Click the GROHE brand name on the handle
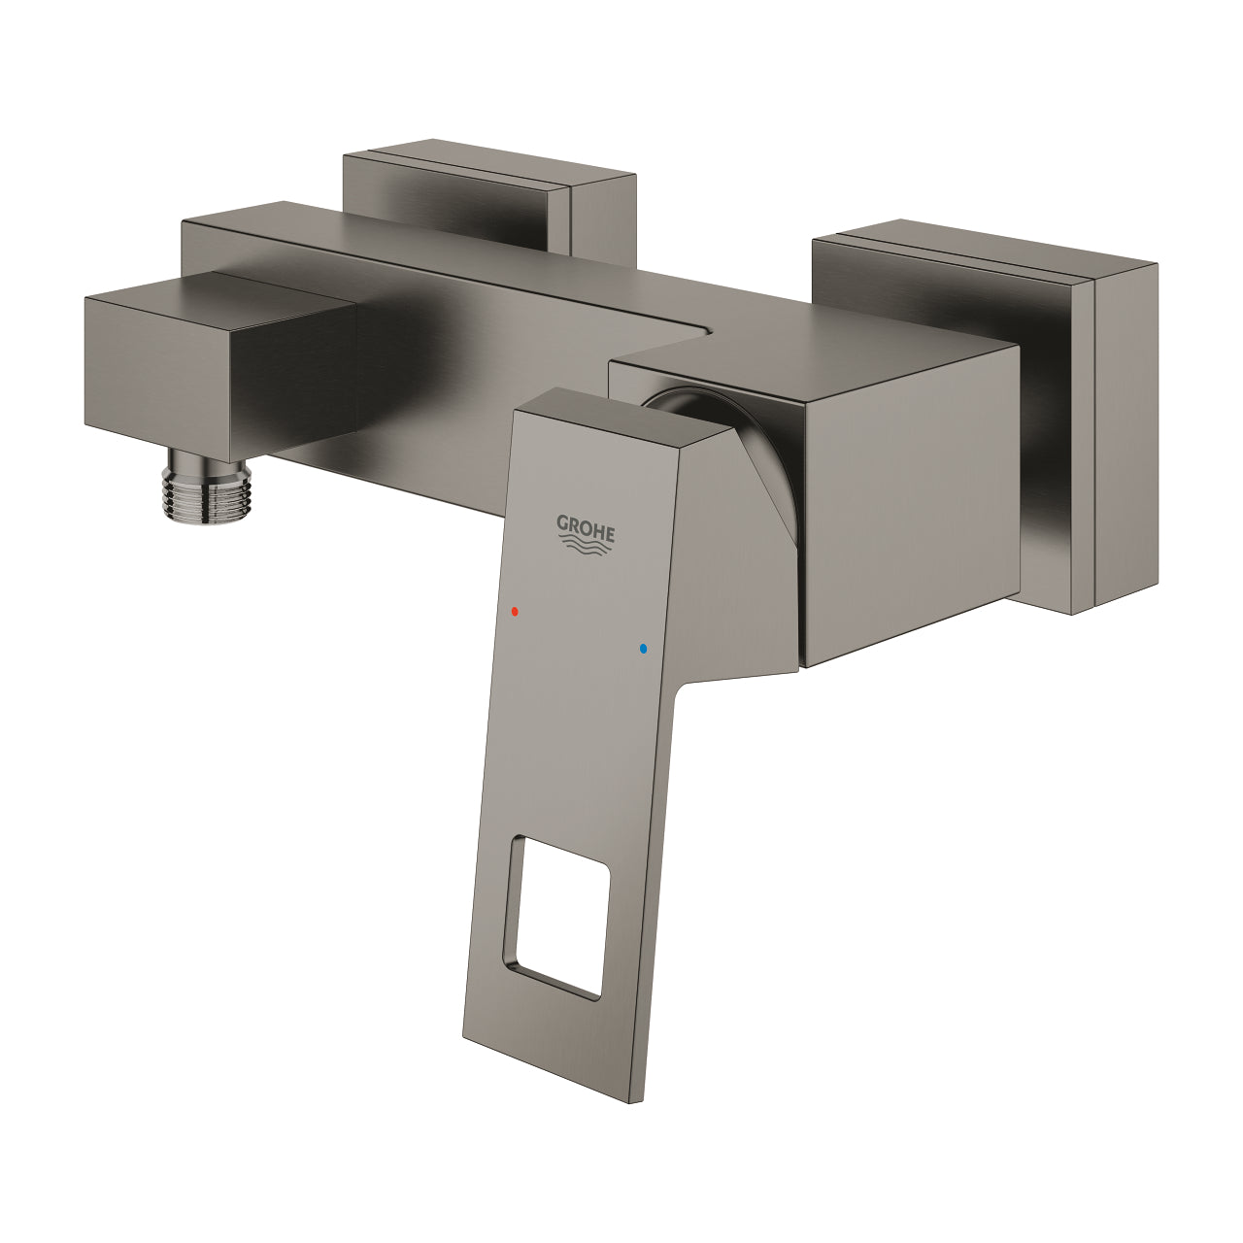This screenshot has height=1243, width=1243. [x=585, y=528]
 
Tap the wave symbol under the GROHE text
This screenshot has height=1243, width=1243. [x=586, y=549]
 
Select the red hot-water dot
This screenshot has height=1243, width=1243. [x=515, y=612]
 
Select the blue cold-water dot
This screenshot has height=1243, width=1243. [x=642, y=647]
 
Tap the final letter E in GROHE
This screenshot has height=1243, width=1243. [x=609, y=532]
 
